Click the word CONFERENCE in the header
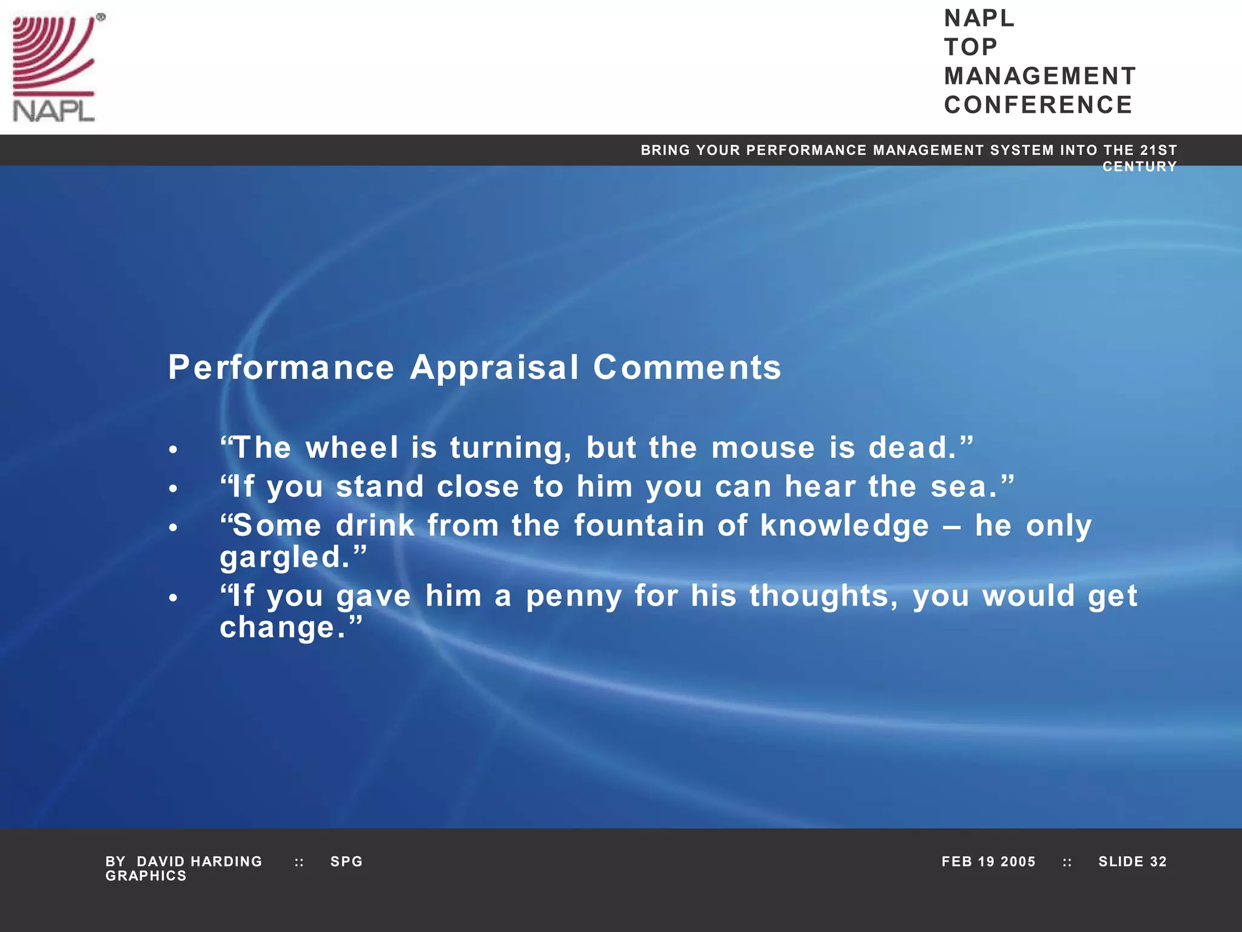1038,105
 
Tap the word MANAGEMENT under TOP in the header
1039,76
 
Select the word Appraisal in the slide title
494,368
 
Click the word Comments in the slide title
687,368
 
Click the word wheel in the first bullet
352,448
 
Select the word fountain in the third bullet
639,525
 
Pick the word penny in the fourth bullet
574,596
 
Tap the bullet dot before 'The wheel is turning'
173,450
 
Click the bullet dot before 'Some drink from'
173,528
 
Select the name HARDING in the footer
226,862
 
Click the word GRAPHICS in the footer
146,876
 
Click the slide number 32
1158,862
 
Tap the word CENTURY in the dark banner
1139,167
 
